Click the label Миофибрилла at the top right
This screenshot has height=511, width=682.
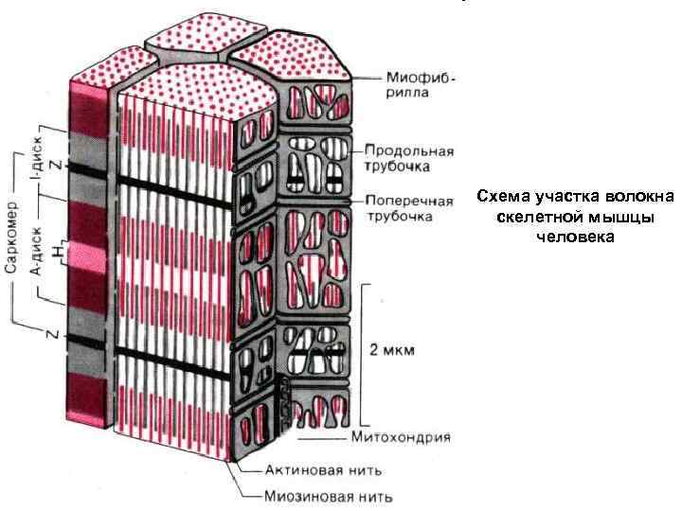[421, 84]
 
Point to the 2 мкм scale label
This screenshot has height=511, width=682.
[391, 348]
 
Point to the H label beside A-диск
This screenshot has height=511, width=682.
[59, 254]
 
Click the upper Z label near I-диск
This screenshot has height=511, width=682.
[55, 164]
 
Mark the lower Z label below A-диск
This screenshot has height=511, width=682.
[56, 334]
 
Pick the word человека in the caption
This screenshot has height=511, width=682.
[575, 237]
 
